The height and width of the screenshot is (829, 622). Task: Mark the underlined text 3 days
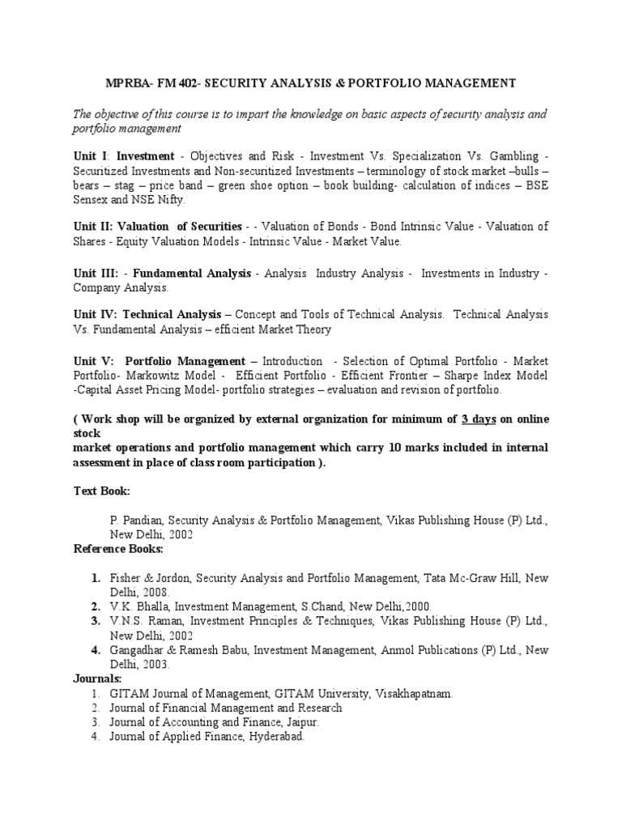click(479, 419)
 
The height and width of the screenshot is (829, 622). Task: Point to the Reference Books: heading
click(118, 549)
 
